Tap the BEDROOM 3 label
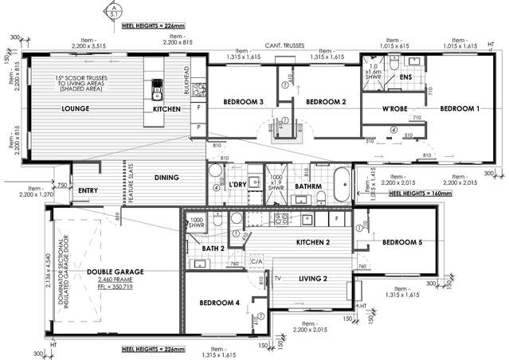[243, 102]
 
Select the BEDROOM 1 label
[460, 108]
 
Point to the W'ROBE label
[395, 109]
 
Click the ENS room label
[405, 77]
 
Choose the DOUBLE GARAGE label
[116, 272]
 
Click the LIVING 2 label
[313, 278]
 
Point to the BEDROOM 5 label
[401, 242]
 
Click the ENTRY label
[88, 190]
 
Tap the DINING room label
[166, 178]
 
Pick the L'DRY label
[237, 185]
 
